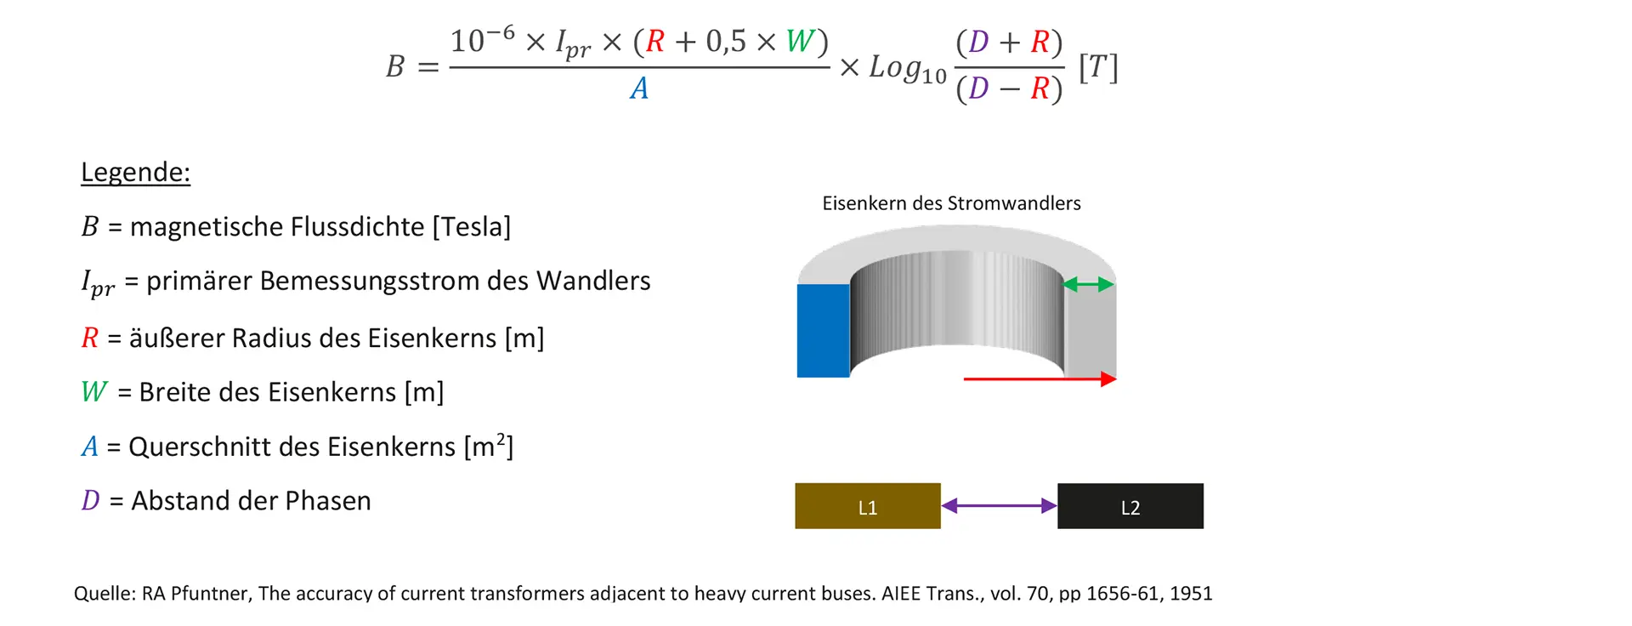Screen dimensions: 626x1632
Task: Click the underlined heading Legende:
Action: click(135, 173)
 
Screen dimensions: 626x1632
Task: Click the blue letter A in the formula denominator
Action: click(639, 88)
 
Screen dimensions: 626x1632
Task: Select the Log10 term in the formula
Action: click(907, 69)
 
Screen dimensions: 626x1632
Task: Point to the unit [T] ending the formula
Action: click(1098, 67)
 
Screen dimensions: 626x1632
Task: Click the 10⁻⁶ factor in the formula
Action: click(482, 40)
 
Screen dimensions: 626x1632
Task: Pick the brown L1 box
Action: click(867, 507)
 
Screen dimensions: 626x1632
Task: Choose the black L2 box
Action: click(1130, 507)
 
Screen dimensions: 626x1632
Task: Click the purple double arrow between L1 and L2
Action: click(999, 506)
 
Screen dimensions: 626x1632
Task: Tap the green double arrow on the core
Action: click(1089, 285)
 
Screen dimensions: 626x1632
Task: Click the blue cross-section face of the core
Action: click(823, 331)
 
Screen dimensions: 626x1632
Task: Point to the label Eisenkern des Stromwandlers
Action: click(951, 203)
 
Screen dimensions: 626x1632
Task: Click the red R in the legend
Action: click(90, 339)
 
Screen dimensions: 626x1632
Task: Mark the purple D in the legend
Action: click(90, 501)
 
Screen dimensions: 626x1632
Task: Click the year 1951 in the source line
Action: click(1190, 594)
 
